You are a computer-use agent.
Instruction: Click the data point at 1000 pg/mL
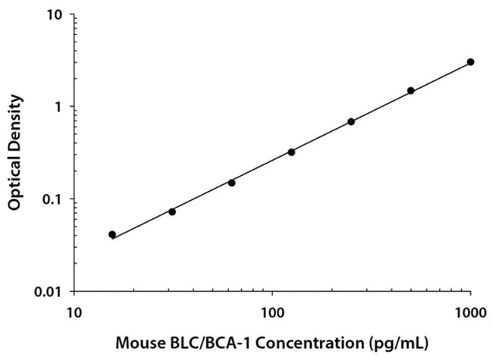click(x=471, y=62)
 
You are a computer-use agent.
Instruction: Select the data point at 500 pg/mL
click(x=411, y=91)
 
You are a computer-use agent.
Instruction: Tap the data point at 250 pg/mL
click(x=351, y=121)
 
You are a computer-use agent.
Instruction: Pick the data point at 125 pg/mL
click(x=291, y=152)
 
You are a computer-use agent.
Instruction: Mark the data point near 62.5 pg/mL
click(x=231, y=183)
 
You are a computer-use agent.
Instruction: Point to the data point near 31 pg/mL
click(x=172, y=211)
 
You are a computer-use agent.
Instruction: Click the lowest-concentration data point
click(x=112, y=235)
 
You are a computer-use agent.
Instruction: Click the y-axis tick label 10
click(x=56, y=15)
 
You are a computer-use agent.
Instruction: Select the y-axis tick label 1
click(x=60, y=107)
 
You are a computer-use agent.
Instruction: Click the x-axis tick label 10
click(x=74, y=311)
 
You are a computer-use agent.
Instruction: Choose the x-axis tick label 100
click(x=272, y=311)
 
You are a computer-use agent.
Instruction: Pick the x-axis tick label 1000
click(x=470, y=311)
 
